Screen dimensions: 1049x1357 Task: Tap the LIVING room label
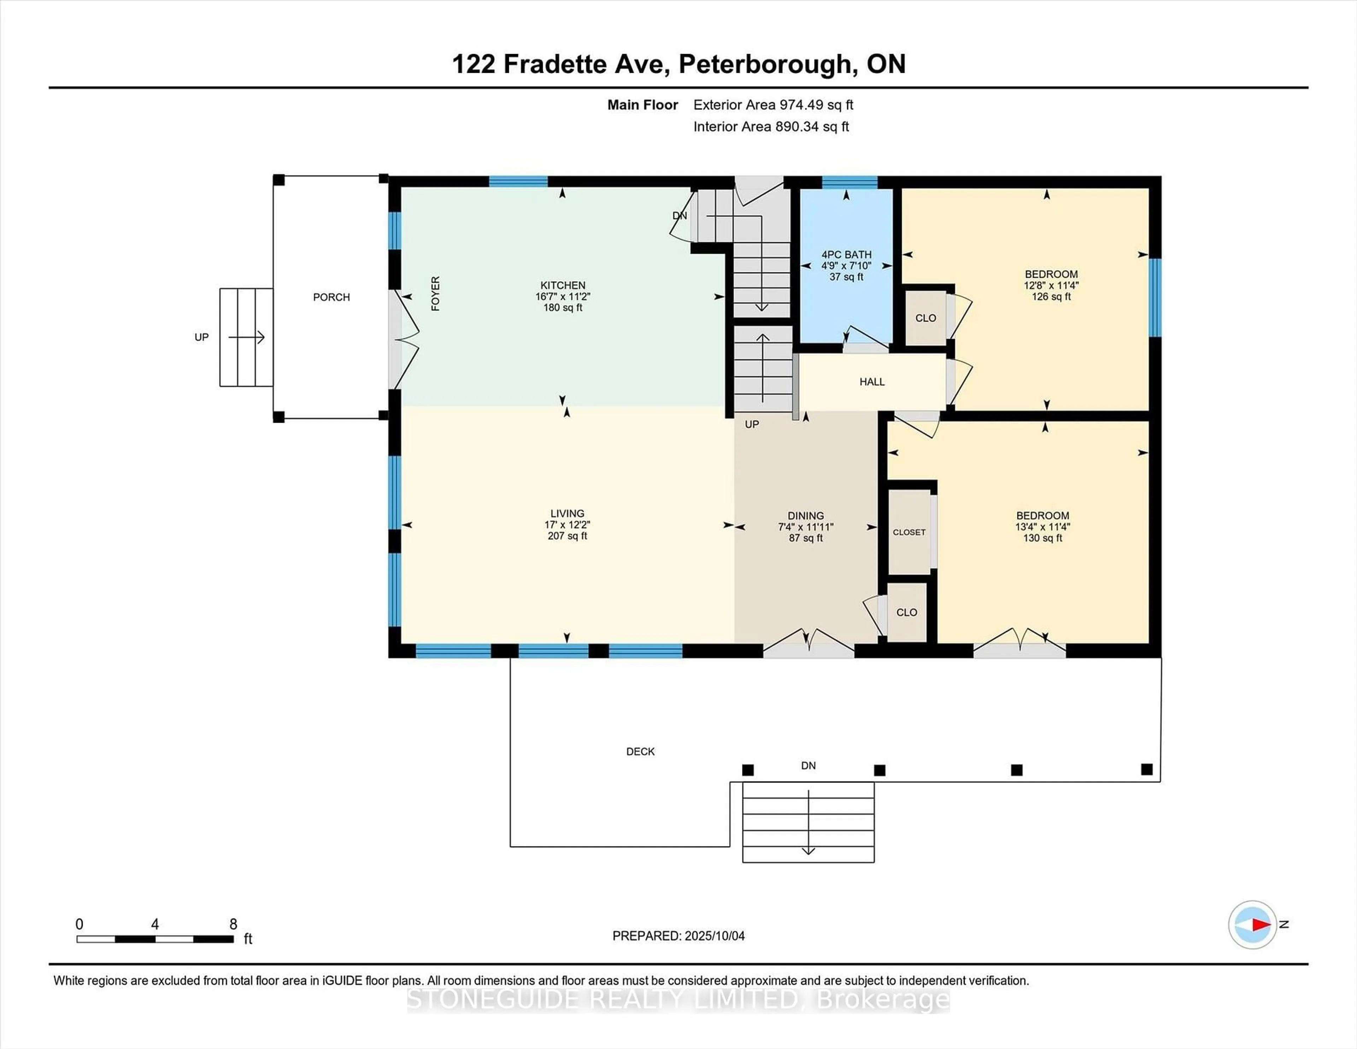coord(567,513)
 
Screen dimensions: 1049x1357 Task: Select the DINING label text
coord(805,516)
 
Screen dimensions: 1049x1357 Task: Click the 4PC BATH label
coord(846,255)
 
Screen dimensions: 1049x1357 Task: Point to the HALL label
coord(872,382)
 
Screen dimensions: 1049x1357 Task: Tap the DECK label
coord(640,751)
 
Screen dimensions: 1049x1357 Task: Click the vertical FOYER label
coord(436,294)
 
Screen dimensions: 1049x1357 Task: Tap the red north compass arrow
coord(1261,925)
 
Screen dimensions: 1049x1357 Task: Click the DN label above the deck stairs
coord(808,766)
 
